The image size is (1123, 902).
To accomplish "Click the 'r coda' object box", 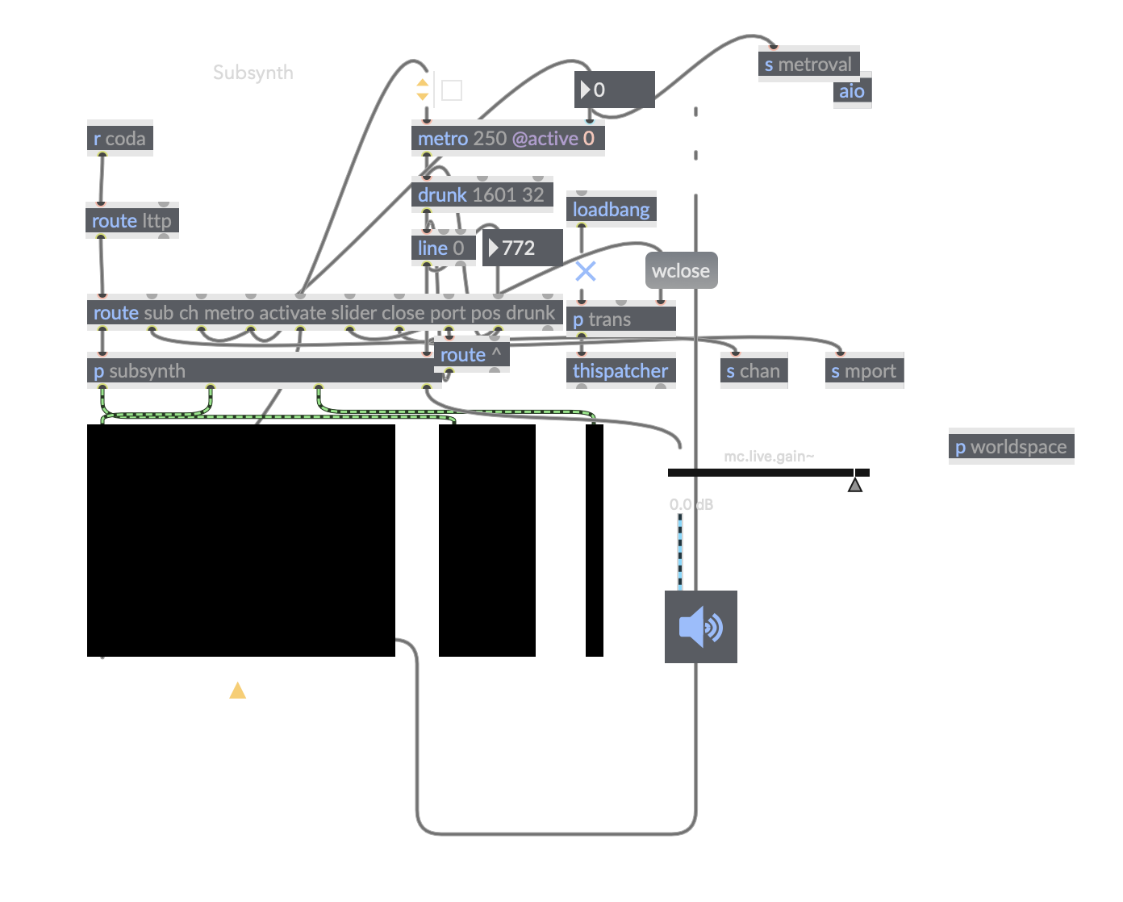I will [119, 139].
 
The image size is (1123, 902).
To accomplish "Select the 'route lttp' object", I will [132, 221].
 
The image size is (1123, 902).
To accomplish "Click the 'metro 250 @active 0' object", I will [507, 139].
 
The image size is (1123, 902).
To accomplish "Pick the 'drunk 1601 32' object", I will [482, 195].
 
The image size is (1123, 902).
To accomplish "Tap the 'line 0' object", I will [442, 248].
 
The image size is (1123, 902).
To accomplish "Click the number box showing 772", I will [522, 248].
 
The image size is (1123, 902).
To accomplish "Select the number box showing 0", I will [614, 90].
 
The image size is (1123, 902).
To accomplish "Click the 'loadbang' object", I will [611, 210].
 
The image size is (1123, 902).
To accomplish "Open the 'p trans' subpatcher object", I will [620, 319].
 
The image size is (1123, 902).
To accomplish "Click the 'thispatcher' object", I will [620, 371].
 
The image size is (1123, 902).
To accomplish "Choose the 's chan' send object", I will [754, 371].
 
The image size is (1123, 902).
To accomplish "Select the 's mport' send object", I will [864, 371].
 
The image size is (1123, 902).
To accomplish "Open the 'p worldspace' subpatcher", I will [1011, 447].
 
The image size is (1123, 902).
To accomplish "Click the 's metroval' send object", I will [808, 65].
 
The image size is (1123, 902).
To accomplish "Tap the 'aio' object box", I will [852, 91].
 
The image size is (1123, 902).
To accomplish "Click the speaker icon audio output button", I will [700, 627].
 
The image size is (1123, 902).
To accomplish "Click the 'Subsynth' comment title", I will [253, 73].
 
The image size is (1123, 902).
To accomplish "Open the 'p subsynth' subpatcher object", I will [262, 371].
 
